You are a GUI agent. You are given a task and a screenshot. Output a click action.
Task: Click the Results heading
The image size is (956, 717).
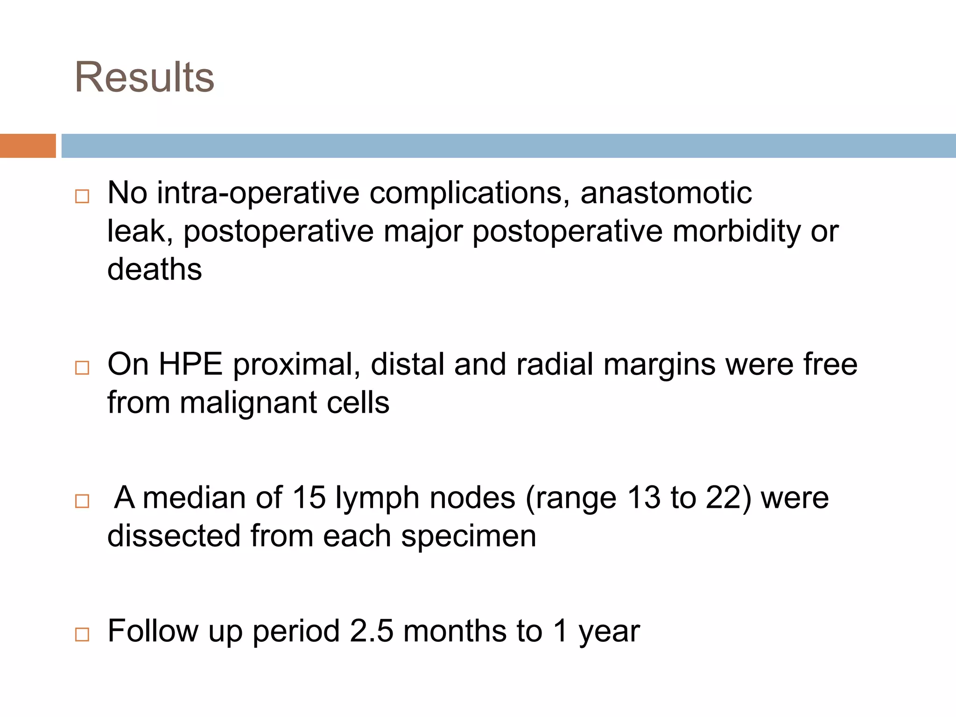click(144, 77)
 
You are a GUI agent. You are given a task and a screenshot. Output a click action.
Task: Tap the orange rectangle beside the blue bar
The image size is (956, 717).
click(28, 146)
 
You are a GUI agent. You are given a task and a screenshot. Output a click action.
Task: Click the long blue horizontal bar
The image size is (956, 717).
click(508, 146)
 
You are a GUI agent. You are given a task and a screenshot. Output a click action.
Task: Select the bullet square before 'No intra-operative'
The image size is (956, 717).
click(82, 196)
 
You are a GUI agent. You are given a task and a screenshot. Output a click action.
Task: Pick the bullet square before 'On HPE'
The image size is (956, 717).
click(82, 368)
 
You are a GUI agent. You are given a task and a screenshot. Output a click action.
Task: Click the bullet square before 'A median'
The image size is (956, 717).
click(82, 501)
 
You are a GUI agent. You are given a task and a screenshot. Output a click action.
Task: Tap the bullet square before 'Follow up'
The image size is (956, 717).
click(82, 634)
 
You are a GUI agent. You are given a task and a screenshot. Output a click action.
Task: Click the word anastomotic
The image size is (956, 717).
click(666, 193)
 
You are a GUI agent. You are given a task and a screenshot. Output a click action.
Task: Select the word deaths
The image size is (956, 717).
click(155, 269)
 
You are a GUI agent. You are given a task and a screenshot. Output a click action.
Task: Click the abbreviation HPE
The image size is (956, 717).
click(190, 364)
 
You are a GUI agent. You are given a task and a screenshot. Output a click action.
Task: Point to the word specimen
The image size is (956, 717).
click(469, 536)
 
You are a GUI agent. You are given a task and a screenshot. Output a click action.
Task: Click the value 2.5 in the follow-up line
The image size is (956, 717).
click(372, 631)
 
